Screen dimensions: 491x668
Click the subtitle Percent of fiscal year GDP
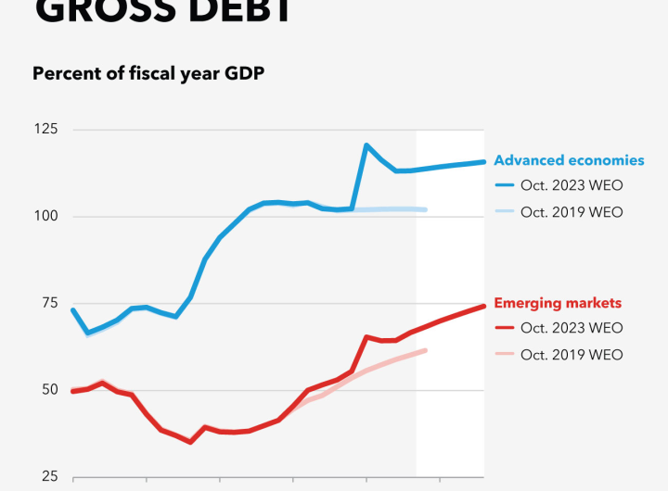pyautogui.click(x=148, y=74)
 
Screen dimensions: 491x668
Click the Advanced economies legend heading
pyautogui.click(x=569, y=160)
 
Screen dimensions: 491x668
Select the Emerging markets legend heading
pyautogui.click(x=558, y=303)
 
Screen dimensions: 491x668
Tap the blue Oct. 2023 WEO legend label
pyautogui.click(x=572, y=185)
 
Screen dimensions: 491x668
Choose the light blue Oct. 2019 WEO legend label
pyautogui.click(x=572, y=212)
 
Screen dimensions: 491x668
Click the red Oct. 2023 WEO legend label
pyautogui.click(x=572, y=328)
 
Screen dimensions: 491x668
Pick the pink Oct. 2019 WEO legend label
pyautogui.click(x=572, y=355)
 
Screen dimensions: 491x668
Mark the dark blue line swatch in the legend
pyautogui.click(x=504, y=185)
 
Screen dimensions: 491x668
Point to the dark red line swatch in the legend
pyautogui.click(x=504, y=328)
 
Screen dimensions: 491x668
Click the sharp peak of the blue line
pyautogui.click(x=366, y=145)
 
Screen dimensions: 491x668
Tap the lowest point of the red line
pyautogui.click(x=190, y=442)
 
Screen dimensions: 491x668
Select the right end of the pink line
pyautogui.click(x=425, y=350)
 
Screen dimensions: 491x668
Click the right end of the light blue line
pyautogui.click(x=425, y=209)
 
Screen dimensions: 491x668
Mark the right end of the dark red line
pyautogui.click(x=483, y=306)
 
